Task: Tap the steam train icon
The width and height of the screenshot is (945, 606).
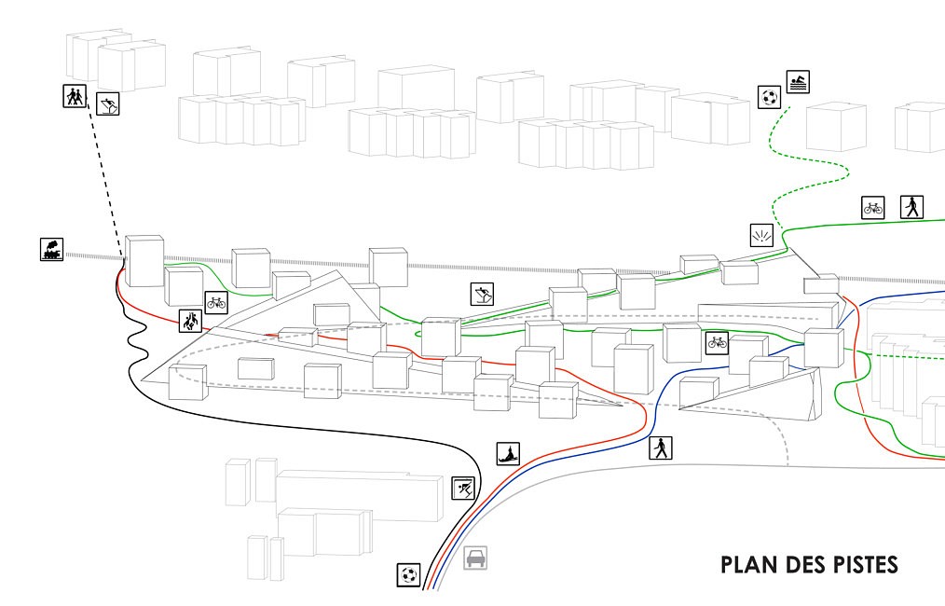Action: (x=51, y=249)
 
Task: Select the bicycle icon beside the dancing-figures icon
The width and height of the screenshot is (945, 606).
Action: (x=216, y=302)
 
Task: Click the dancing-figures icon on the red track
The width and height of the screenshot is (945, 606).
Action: (x=190, y=322)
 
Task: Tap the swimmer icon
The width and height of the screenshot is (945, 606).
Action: (x=797, y=82)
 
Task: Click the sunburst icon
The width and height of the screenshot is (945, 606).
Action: (x=761, y=235)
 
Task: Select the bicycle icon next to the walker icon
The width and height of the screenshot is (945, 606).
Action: (x=872, y=207)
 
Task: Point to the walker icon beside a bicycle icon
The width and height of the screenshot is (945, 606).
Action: (x=911, y=206)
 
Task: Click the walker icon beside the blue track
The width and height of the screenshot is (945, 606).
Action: (x=660, y=448)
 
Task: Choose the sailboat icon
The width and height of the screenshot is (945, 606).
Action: (x=508, y=453)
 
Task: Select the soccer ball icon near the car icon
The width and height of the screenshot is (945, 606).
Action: (x=408, y=574)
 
